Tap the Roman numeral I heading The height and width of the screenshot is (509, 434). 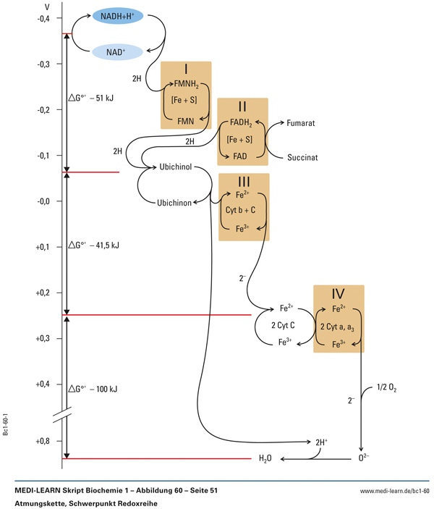[x=186, y=70]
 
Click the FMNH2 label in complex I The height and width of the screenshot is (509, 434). [x=186, y=85]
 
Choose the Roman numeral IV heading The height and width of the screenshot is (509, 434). [x=339, y=295]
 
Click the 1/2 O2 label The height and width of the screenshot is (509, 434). [x=387, y=389]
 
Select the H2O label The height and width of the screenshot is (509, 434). [x=265, y=459]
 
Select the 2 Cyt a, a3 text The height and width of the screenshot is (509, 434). [x=338, y=327]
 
